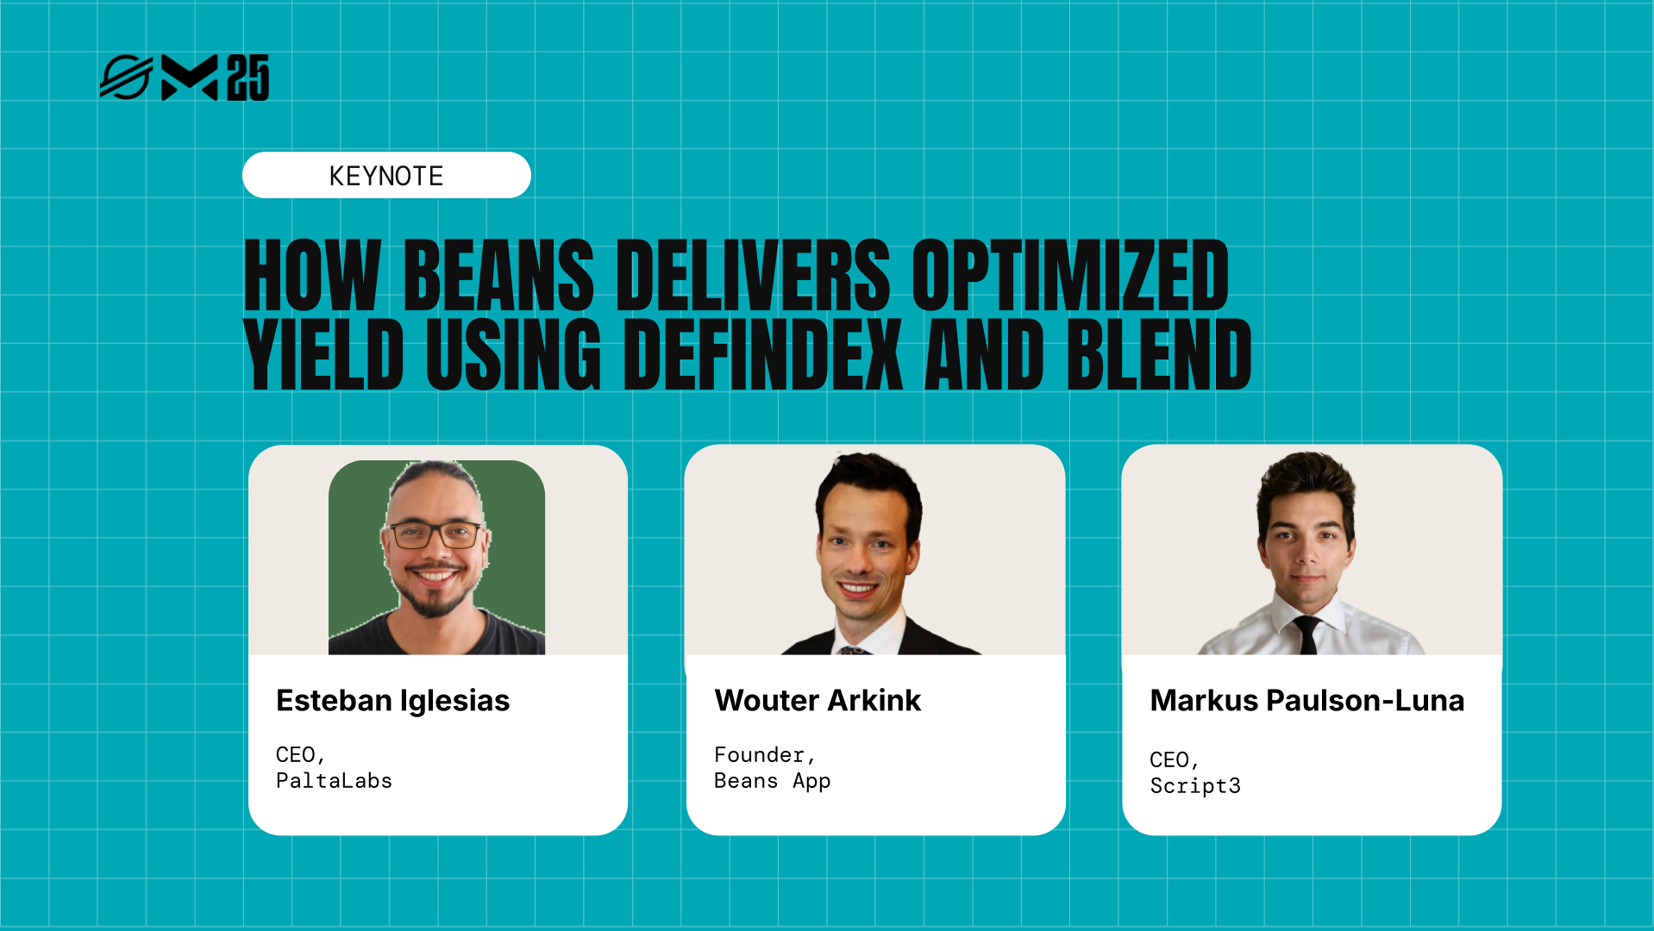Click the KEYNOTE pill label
[386, 176]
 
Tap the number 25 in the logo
[248, 78]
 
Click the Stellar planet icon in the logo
[126, 78]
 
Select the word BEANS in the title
[498, 275]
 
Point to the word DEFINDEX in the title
[762, 354]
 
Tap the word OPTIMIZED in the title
[1070, 275]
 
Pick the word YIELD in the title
[324, 354]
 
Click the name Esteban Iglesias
[393, 701]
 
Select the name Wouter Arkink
[818, 701]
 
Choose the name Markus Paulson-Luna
[1306, 701]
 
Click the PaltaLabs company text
[334, 781]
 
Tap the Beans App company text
[772, 781]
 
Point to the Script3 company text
[1195, 786]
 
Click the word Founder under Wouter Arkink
[760, 755]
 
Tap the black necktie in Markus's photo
[1306, 634]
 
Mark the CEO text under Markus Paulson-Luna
[1169, 760]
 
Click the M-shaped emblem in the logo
[190, 78]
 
